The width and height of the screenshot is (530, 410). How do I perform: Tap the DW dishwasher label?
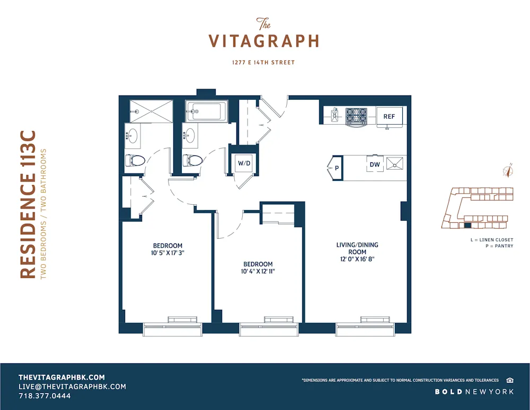tap(375, 164)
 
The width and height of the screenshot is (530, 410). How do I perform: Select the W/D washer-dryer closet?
tap(244, 163)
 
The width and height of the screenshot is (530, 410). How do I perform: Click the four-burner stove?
tap(356, 116)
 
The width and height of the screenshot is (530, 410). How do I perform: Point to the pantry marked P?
tap(336, 168)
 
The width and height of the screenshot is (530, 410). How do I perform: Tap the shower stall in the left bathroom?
tap(152, 111)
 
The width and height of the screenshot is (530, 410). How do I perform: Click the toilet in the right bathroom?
tap(193, 160)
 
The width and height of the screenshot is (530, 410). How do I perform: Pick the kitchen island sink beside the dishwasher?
tap(395, 164)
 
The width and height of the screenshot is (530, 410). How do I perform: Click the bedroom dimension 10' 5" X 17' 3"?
tap(167, 253)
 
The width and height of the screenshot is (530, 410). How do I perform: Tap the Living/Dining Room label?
tap(357, 248)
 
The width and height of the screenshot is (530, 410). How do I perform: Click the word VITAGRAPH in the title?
tap(263, 41)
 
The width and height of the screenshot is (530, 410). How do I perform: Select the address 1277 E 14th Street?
tap(263, 63)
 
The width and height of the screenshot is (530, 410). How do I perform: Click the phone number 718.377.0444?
tap(45, 396)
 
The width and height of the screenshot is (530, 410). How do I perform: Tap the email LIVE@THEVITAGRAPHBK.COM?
tap(72, 387)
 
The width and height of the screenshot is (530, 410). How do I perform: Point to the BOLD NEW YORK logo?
tap(474, 391)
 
